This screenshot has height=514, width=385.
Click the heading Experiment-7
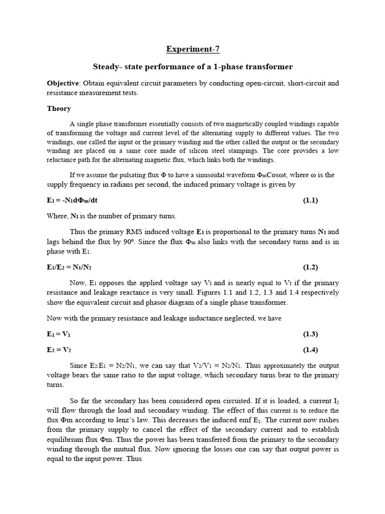(193, 49)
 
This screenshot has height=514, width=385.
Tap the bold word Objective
(63, 83)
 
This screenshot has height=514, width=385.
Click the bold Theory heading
(59, 108)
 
